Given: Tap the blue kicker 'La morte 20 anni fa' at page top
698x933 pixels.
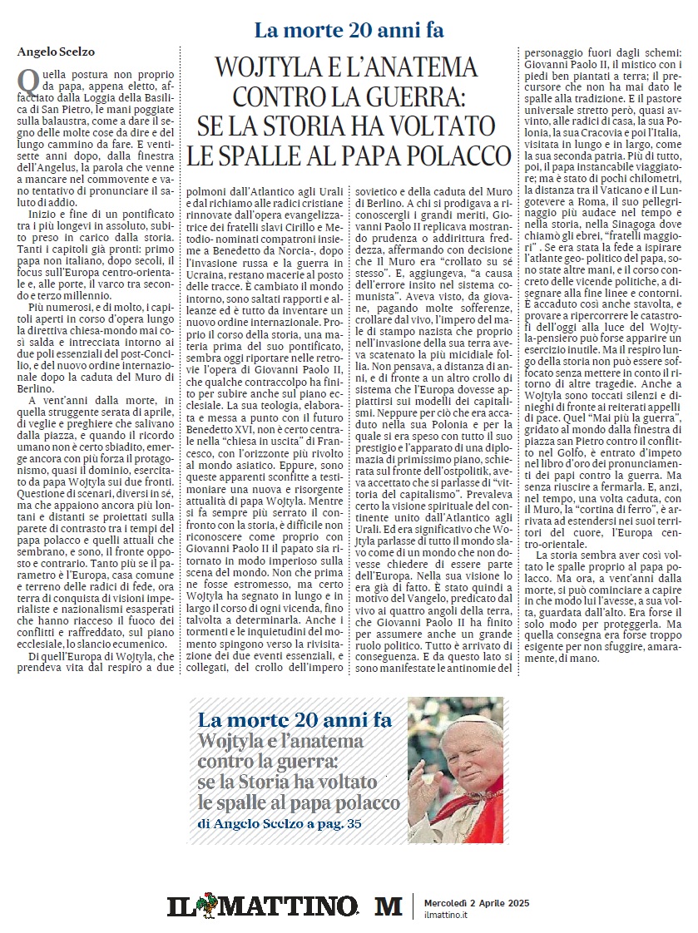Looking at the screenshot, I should [x=349, y=31].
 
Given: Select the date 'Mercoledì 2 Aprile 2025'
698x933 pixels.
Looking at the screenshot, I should [x=476, y=901].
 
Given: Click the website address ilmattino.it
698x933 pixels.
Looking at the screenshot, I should [x=446, y=915].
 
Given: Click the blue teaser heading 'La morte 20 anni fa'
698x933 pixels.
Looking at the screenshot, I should [x=295, y=719].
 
